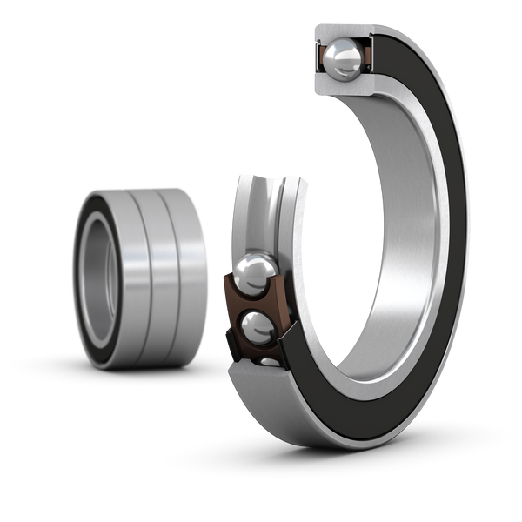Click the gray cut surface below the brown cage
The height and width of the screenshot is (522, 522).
(x=261, y=383)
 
